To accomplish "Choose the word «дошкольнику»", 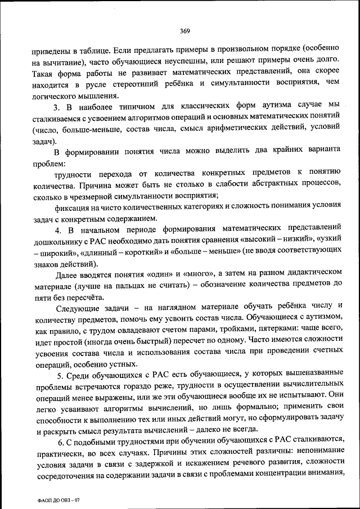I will pyautogui.click(x=57, y=241).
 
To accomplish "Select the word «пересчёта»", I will pyautogui.click(x=85, y=296).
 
